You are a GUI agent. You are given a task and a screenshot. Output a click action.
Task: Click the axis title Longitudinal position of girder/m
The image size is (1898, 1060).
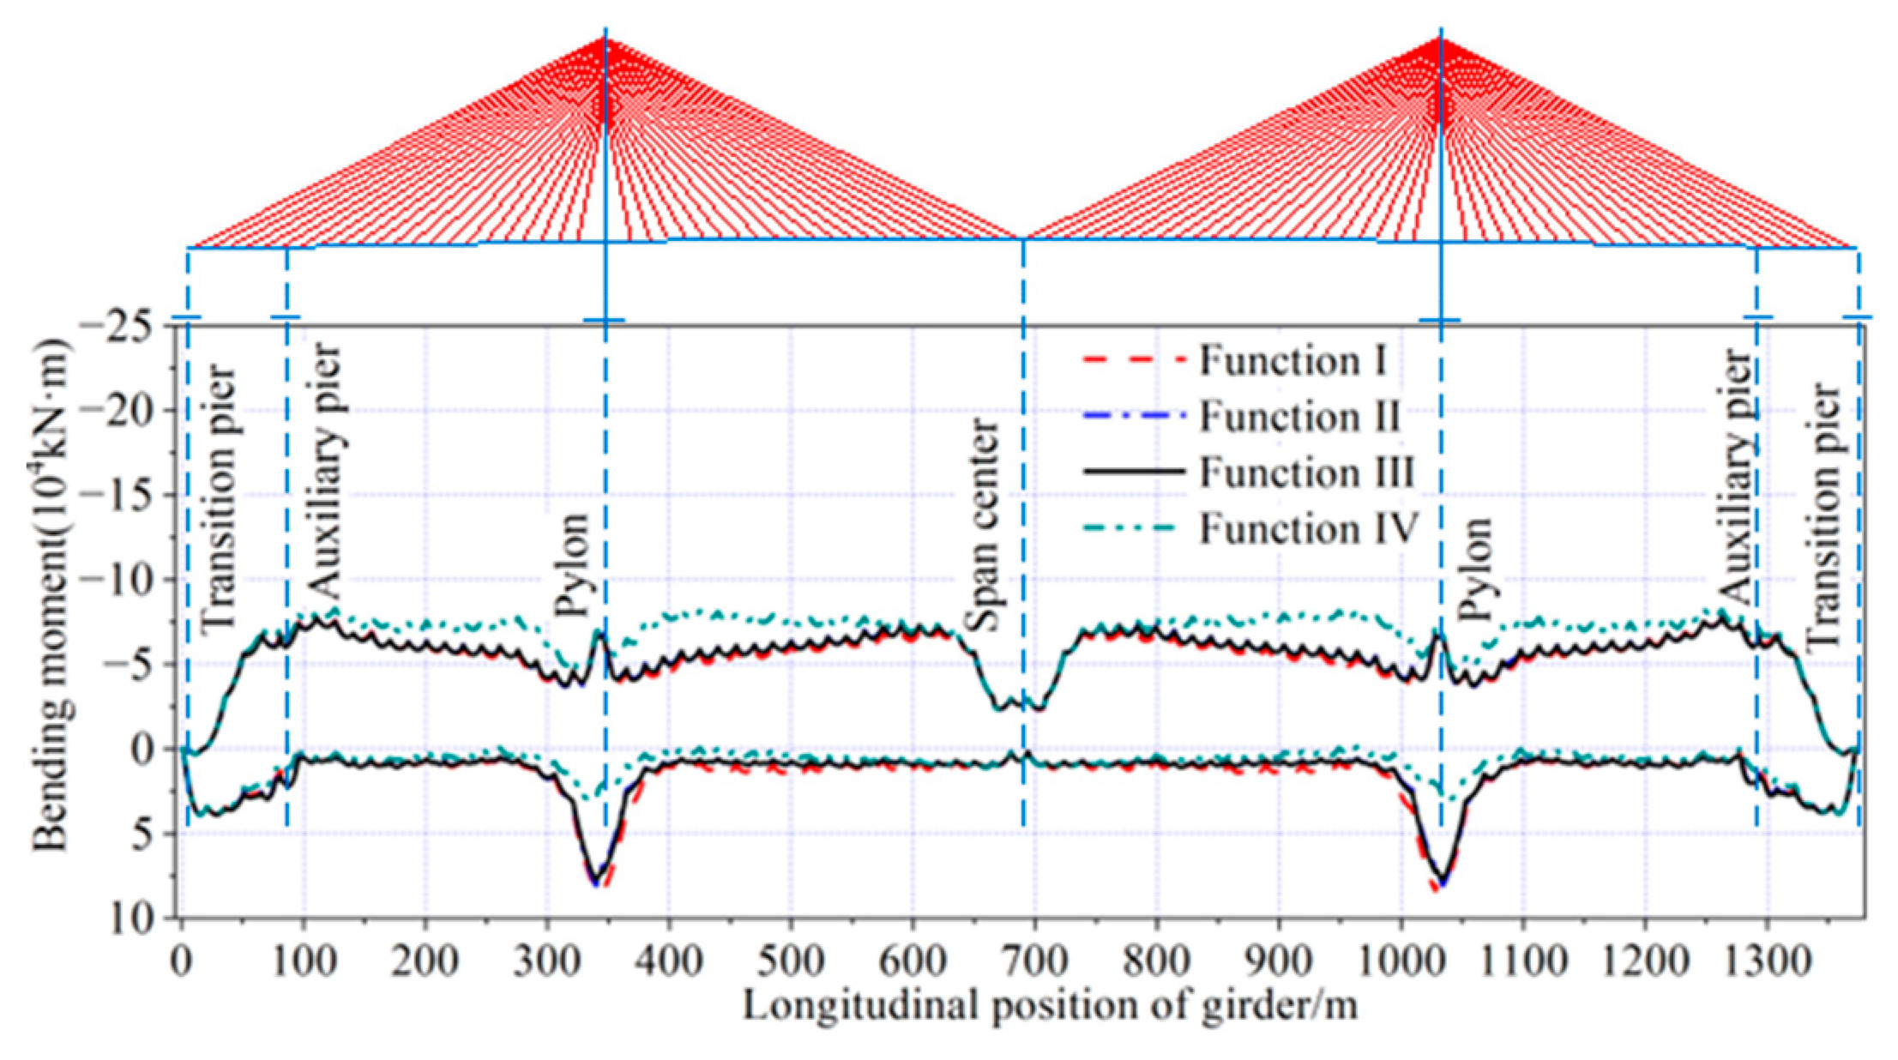tap(1050, 1005)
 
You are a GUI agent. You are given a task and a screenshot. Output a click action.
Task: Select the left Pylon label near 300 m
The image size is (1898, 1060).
tap(570, 566)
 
